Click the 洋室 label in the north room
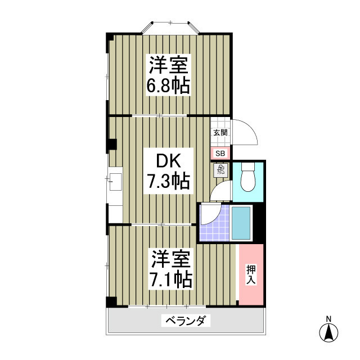point(168,65)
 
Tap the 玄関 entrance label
point(220,133)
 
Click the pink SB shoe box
point(220,152)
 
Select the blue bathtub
point(241,223)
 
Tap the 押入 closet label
point(251,274)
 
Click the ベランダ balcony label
point(186,321)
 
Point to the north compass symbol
point(328,334)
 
